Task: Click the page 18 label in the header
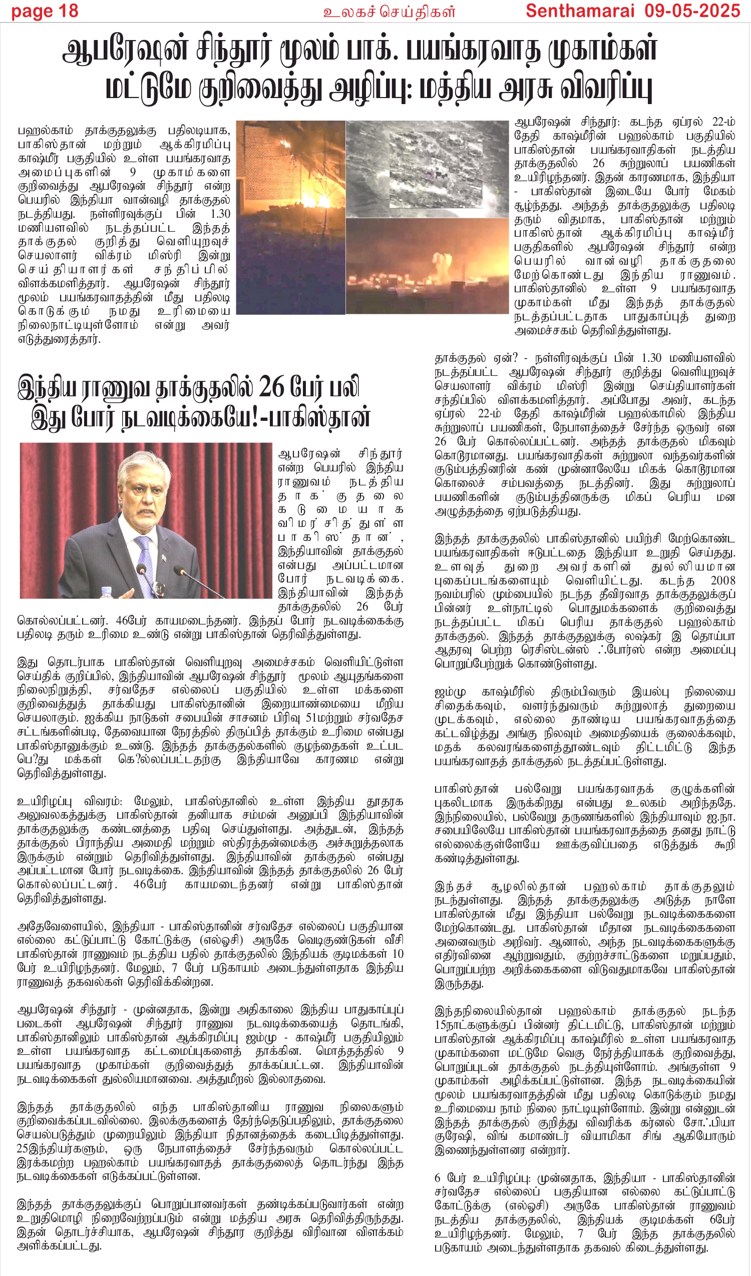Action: [x=45, y=11]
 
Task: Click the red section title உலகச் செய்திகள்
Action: [x=389, y=12]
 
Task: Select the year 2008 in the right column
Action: [x=722, y=581]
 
